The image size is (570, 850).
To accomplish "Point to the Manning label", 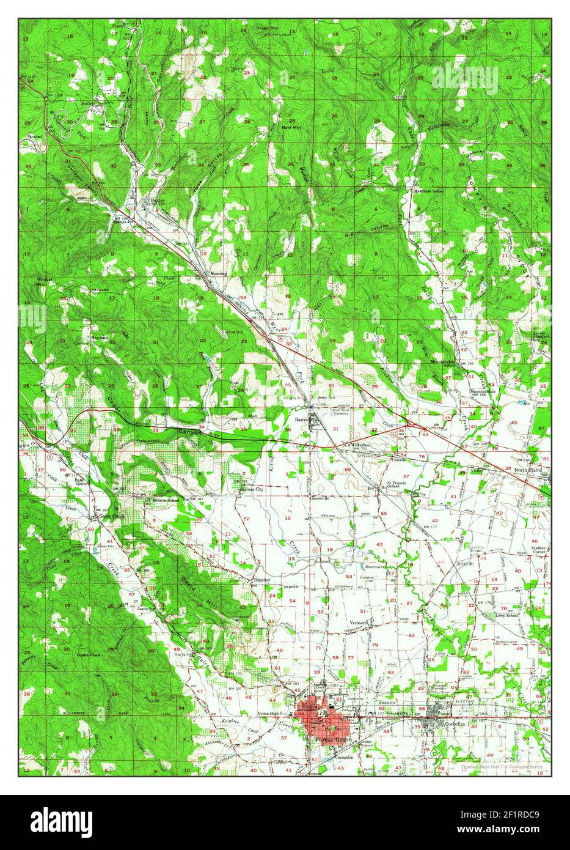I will (x=218, y=273).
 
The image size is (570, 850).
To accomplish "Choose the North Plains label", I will (x=529, y=470).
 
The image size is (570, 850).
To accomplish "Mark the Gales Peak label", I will (x=89, y=654).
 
